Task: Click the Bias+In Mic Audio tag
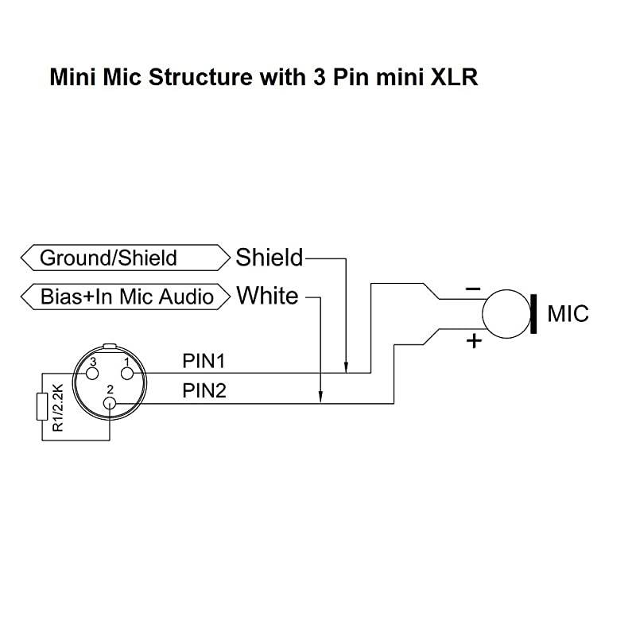pos(127,297)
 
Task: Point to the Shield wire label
pos(269,258)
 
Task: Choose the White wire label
pos(267,297)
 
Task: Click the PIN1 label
pos(204,362)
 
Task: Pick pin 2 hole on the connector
pos(110,403)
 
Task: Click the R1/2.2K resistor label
pos(57,407)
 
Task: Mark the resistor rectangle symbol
pos(42,407)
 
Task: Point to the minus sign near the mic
pos(473,288)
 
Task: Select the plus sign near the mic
pos(474,341)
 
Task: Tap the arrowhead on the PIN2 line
pos(320,398)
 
